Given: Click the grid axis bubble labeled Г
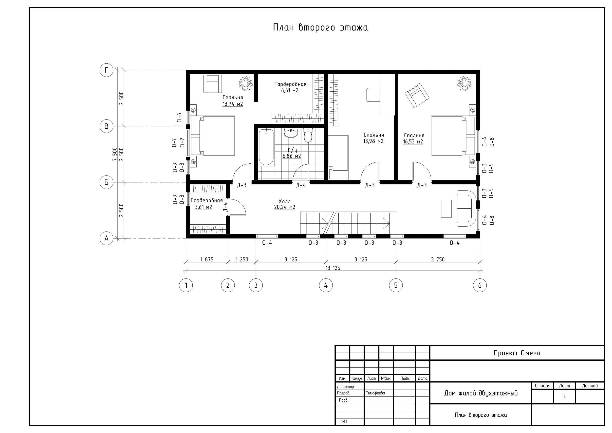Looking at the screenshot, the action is click(106, 70).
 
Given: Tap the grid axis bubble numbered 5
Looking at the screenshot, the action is click(396, 285).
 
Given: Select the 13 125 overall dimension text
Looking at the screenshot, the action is click(333, 268).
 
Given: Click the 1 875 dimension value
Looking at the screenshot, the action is click(207, 259).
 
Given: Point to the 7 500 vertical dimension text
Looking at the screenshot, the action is click(115, 154).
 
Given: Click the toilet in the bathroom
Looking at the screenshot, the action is click(308, 135).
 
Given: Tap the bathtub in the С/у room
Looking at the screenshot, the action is click(266, 147).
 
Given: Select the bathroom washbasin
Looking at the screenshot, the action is click(291, 133).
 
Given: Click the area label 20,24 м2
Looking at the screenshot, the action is click(285, 207).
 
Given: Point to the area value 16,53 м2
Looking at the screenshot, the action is click(413, 142).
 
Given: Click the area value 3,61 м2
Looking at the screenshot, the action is click(203, 207).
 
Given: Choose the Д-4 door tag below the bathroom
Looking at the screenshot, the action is click(301, 185).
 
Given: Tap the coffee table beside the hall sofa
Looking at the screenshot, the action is click(446, 208).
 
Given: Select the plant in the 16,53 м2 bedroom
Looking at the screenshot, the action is click(464, 83).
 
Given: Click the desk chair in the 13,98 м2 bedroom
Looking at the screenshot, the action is click(373, 95).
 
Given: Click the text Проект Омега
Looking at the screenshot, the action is click(517, 353).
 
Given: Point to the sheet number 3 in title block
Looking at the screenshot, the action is click(564, 397).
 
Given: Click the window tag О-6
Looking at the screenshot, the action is click(180, 118).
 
